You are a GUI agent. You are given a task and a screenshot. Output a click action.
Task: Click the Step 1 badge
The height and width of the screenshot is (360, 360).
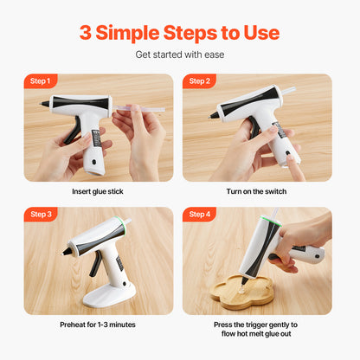[x=40, y=81]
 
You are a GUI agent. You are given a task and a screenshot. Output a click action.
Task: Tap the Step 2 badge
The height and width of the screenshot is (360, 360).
[x=199, y=81]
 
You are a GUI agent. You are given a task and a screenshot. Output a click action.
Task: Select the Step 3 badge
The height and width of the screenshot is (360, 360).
[x=40, y=214]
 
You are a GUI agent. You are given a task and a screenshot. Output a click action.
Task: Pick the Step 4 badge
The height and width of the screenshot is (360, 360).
[x=199, y=214]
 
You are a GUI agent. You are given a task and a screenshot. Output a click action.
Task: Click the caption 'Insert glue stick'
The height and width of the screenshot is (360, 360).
[x=99, y=191]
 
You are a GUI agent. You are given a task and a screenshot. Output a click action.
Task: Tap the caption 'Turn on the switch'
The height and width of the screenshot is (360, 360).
[x=257, y=191]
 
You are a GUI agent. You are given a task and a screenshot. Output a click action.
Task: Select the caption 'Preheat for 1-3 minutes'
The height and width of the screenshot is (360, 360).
[x=99, y=325]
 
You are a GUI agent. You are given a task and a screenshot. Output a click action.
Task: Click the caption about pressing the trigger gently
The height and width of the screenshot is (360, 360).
[x=257, y=330]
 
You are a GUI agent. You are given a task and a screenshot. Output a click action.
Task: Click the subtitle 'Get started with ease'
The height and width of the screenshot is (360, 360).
[x=179, y=55]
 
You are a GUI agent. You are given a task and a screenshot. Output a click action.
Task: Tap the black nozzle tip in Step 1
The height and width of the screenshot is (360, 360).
[x=45, y=104]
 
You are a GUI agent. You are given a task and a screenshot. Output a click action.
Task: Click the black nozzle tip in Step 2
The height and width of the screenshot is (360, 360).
[x=214, y=114]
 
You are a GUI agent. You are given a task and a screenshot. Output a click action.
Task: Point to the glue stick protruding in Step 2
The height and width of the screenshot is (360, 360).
[x=287, y=89]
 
